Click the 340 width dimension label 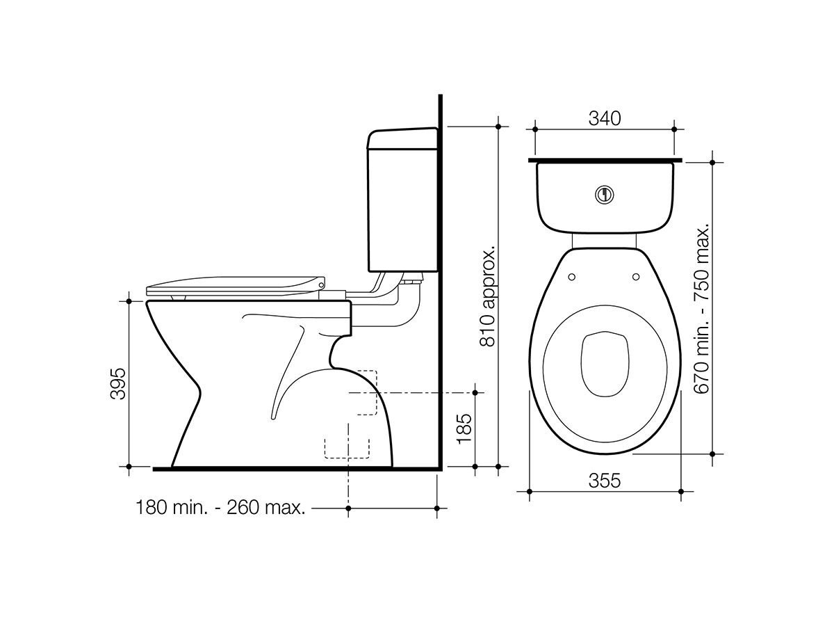click(x=604, y=118)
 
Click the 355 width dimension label click(x=604, y=481)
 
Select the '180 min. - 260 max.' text click(x=221, y=508)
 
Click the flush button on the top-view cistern click(x=605, y=195)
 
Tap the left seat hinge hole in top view click(x=572, y=278)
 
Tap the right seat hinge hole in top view click(x=636, y=278)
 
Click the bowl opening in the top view click(x=604, y=362)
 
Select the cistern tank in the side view click(x=402, y=202)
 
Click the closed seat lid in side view click(x=236, y=285)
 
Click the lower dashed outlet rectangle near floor click(x=347, y=447)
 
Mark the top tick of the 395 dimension click(x=129, y=301)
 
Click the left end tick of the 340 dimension click(x=535, y=129)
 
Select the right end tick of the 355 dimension click(x=679, y=491)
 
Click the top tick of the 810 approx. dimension click(x=498, y=127)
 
